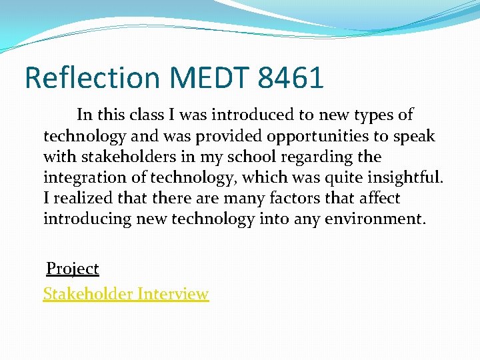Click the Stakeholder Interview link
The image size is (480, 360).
tap(125, 293)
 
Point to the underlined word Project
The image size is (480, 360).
tap(72, 269)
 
